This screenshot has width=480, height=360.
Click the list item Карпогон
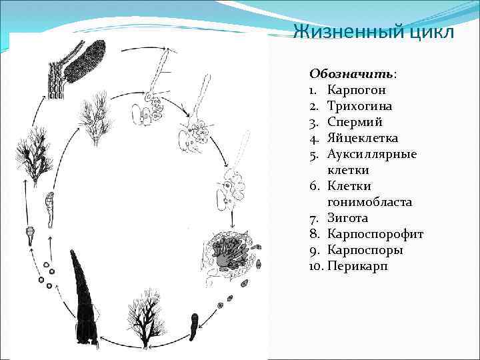pos(357,89)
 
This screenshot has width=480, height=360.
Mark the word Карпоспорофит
pos(375,234)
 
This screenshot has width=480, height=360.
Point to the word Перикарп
pos(357,266)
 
